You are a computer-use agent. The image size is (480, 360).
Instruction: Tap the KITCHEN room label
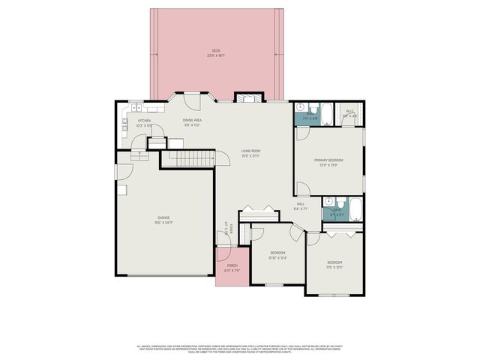(144, 122)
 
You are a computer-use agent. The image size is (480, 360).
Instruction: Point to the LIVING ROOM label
(250, 153)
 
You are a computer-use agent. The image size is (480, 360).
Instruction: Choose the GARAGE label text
(163, 220)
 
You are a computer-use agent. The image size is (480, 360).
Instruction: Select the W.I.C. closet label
(349, 113)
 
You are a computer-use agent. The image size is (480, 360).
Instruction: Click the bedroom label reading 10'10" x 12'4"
(277, 255)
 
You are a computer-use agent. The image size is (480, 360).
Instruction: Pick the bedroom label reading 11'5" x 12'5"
(334, 265)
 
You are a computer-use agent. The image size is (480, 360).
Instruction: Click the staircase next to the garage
(187, 157)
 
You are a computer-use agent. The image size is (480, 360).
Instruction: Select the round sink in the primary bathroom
(299, 106)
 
